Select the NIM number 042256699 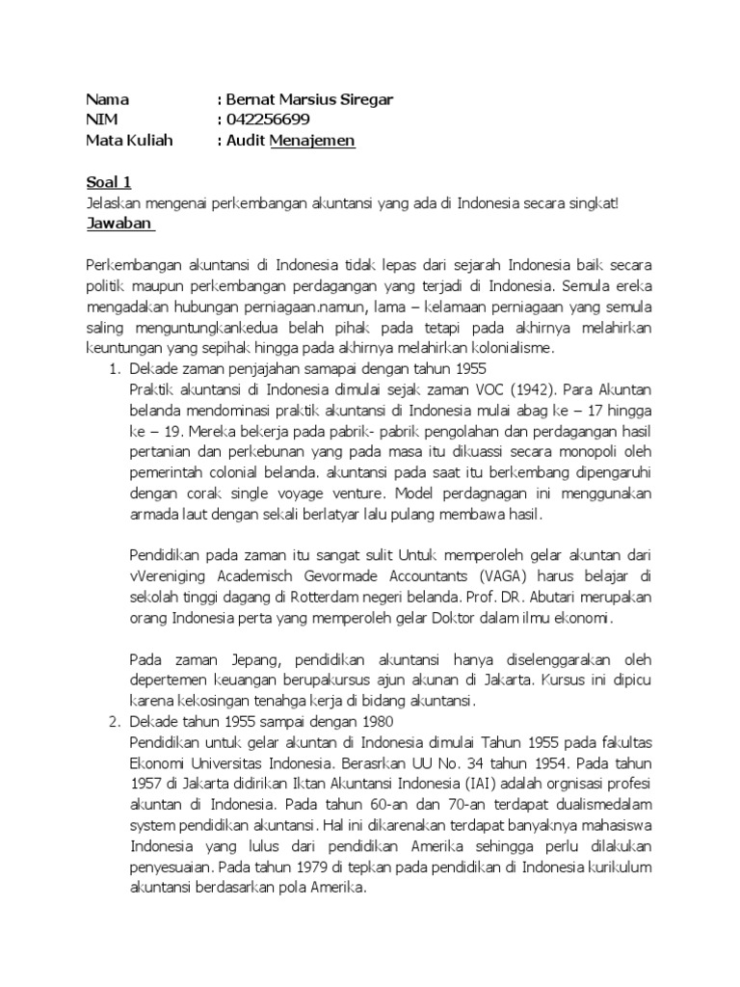(x=268, y=120)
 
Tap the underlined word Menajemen (x=313, y=141)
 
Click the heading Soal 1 (x=108, y=182)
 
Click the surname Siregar (x=367, y=99)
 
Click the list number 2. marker (x=110, y=722)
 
